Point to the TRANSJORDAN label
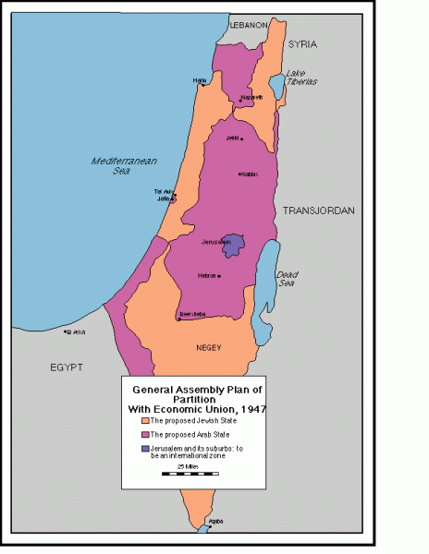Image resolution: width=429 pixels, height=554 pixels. (318, 211)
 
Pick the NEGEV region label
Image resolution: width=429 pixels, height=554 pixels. (209, 348)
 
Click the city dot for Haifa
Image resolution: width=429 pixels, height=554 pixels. (203, 85)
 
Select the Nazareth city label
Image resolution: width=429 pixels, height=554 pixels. (251, 96)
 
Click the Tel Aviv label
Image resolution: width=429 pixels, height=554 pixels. (164, 191)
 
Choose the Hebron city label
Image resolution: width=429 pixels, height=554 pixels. (207, 275)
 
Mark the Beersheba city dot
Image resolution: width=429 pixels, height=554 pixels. (178, 319)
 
